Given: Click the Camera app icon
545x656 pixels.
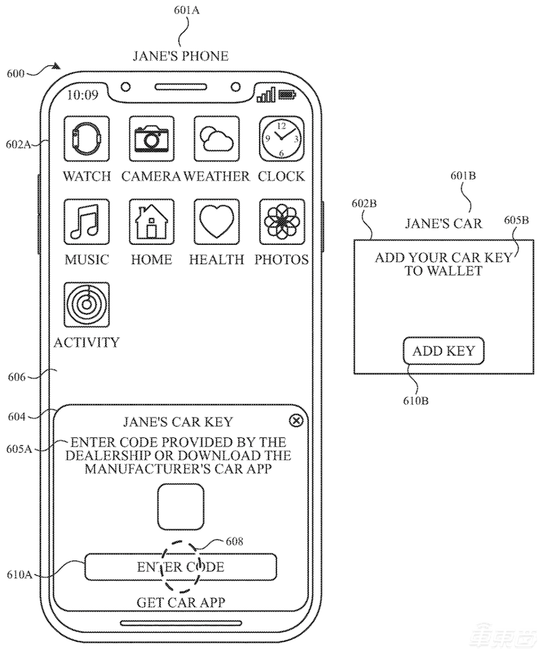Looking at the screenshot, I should [151, 138].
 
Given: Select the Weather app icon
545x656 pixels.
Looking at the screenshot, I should [217, 138].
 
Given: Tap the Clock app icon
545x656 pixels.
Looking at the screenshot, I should [281, 138].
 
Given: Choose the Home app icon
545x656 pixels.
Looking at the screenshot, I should [151, 221].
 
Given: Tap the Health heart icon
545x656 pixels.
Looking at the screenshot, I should [217, 221].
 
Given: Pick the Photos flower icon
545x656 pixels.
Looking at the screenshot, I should [281, 221].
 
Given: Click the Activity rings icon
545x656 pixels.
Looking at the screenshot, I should [87, 305].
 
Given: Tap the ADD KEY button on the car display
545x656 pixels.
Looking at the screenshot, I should [443, 351].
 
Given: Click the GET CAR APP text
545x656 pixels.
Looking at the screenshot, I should [181, 602].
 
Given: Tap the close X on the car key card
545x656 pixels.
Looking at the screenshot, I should [296, 421].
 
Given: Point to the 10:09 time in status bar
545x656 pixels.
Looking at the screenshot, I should [83, 96].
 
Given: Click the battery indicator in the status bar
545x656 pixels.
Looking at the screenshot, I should [287, 96].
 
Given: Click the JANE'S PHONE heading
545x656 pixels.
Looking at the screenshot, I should [180, 56].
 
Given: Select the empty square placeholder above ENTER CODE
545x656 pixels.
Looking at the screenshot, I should [181, 507].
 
